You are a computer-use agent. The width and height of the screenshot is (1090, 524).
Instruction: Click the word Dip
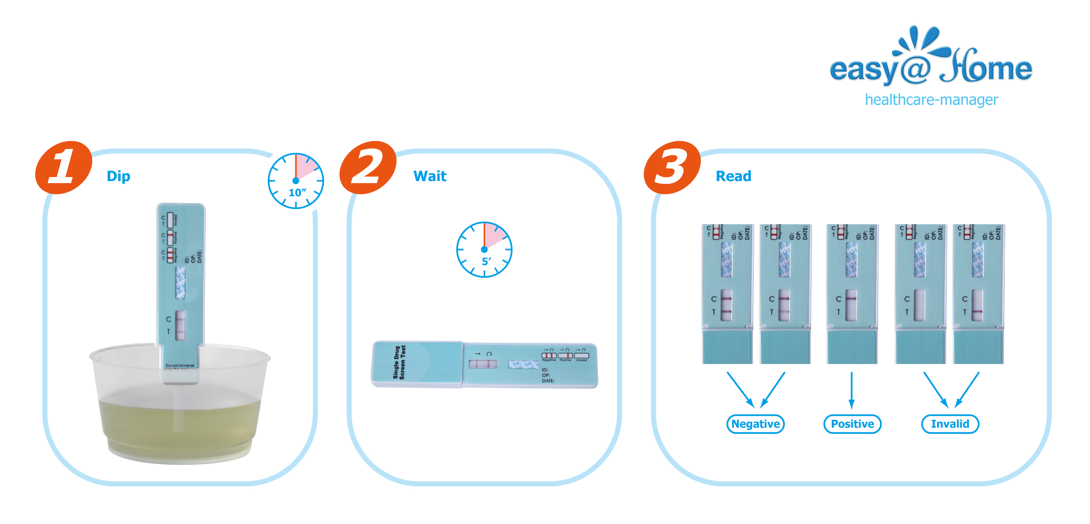[118, 176]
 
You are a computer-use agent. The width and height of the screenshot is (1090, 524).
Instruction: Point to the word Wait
[429, 176]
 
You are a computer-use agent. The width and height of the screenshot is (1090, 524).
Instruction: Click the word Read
[733, 176]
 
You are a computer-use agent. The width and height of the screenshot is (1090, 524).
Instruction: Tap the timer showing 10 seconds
[296, 181]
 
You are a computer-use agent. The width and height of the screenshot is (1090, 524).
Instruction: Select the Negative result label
[755, 424]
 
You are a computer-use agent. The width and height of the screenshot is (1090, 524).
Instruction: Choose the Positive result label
[852, 424]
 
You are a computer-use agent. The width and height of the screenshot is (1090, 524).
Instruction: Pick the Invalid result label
[950, 424]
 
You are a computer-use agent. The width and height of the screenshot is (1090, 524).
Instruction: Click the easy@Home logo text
[931, 68]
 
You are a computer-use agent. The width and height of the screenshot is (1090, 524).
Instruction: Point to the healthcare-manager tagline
[931, 100]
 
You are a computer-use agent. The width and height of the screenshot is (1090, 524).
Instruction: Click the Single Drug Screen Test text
[400, 362]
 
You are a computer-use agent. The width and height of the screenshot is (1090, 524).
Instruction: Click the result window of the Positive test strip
[851, 305]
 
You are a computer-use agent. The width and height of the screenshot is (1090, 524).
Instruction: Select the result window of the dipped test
[180, 325]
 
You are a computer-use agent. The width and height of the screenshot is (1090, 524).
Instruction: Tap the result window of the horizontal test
[483, 364]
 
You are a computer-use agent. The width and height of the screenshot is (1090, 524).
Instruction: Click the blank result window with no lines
[919, 305]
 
